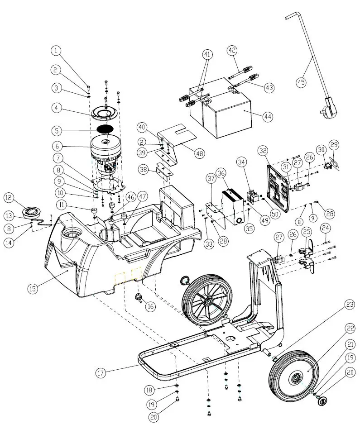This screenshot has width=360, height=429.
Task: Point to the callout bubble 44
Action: pyautogui.click(x=268, y=116)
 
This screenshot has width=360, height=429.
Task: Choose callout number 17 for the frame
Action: pyautogui.click(x=101, y=373)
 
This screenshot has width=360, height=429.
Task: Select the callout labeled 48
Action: pyautogui.click(x=200, y=153)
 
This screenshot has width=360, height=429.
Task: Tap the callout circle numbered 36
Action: pyautogui.click(x=221, y=173)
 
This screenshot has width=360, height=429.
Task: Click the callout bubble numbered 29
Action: pyautogui.click(x=334, y=145)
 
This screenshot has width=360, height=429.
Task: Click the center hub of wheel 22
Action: pyautogui.click(x=297, y=377)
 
